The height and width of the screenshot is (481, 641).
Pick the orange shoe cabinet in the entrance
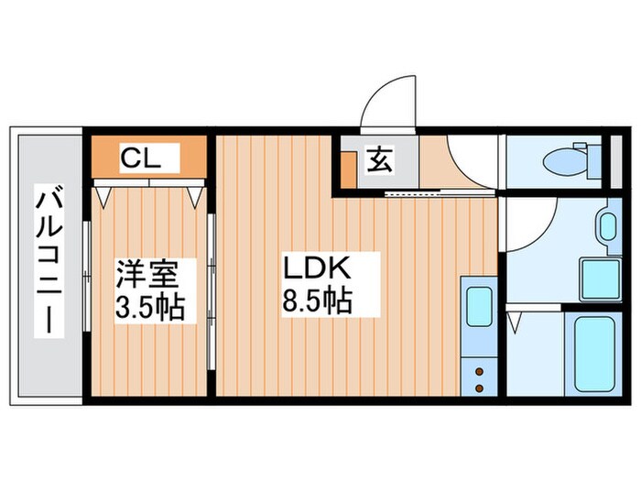tap(350, 169)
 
